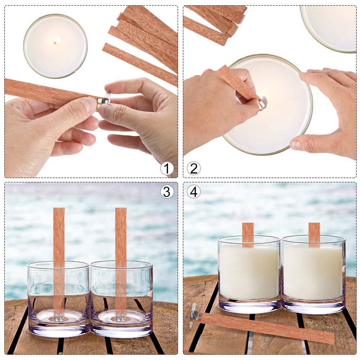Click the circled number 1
(x=167, y=168)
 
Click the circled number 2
(x=194, y=168)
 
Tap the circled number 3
(x=167, y=192)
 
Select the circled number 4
(x=194, y=192)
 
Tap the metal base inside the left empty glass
(x=59, y=317)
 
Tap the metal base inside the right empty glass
(x=121, y=317)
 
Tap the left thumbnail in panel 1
(x=89, y=104)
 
